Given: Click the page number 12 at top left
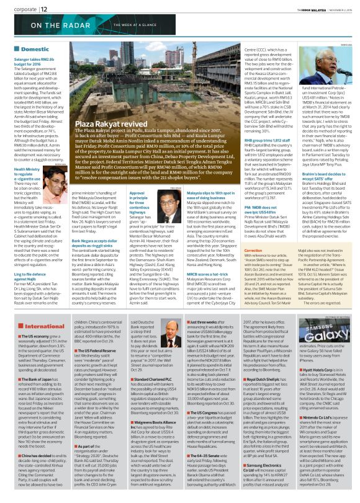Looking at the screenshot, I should coord(45,9).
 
